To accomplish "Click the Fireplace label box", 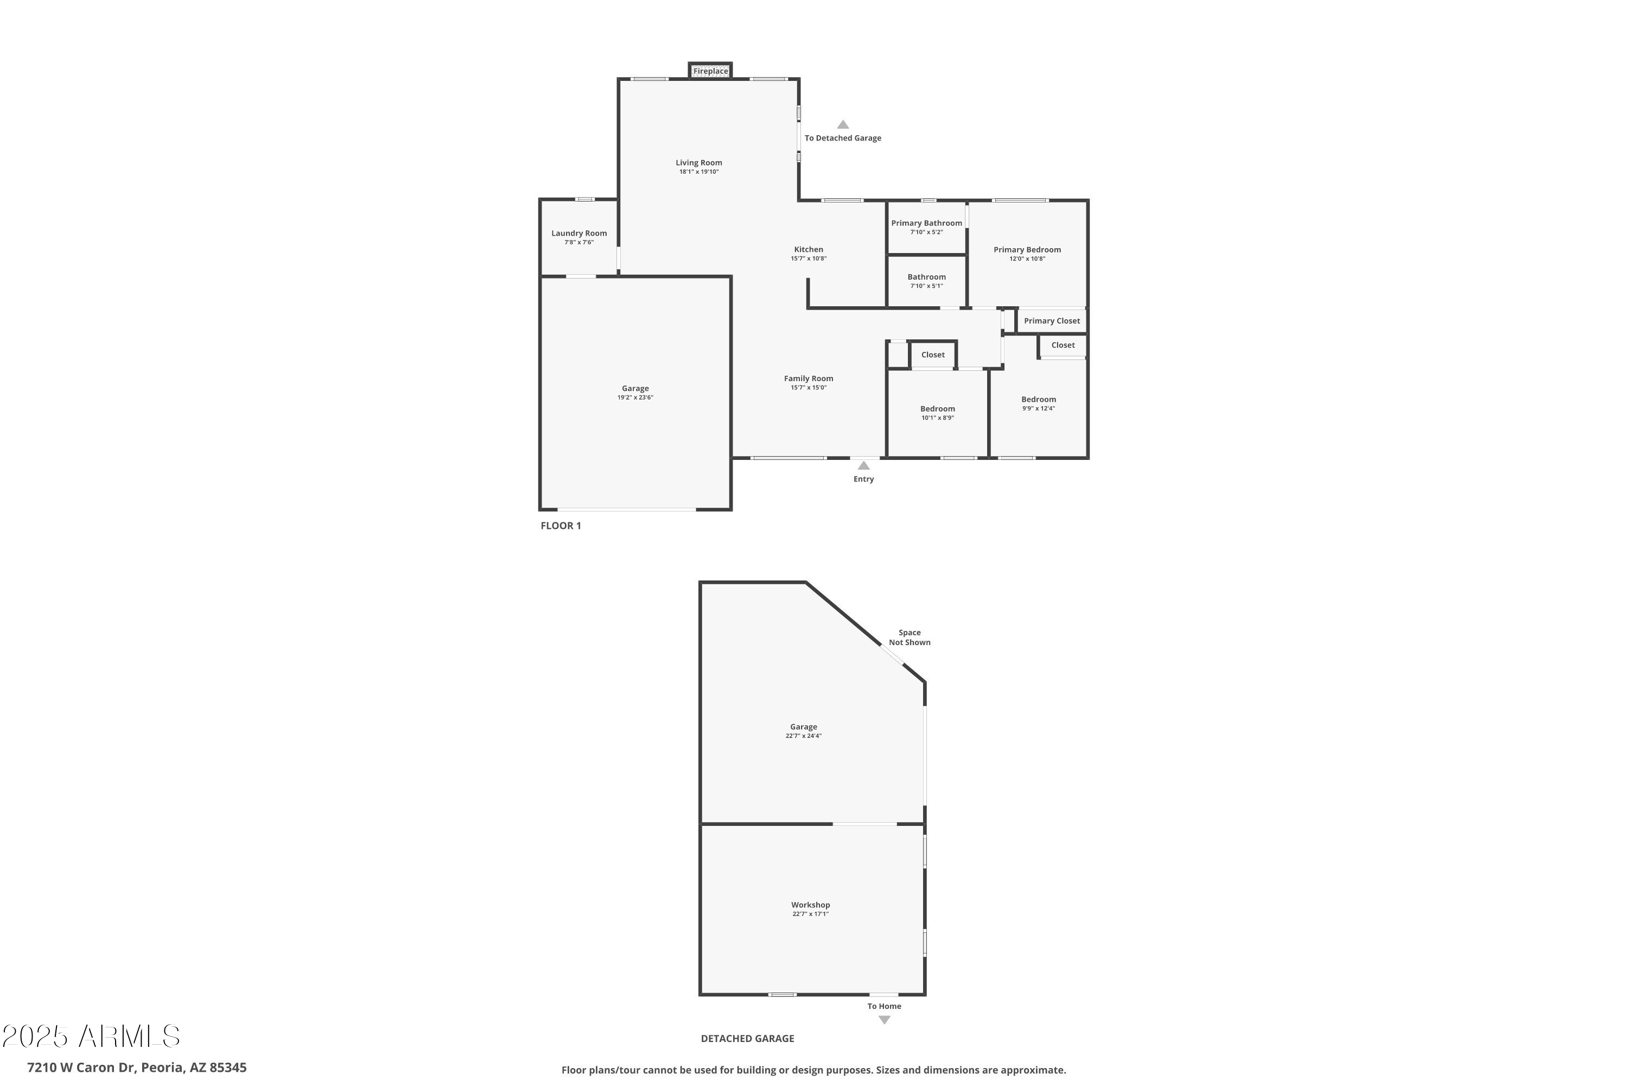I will coord(710,71).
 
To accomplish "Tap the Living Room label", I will coord(698,163).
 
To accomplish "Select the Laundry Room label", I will coord(578,233).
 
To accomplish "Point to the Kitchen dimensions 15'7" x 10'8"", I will coord(809,259).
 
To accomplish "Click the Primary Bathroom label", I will coord(926,223).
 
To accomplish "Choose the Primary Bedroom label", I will coord(1027,250).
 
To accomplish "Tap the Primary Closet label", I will coord(1052,321).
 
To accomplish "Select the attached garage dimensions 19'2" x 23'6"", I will coord(635,397).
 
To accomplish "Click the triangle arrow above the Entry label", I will coord(863,465).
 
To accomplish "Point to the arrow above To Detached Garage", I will coord(842,125).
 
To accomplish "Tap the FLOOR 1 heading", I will coord(561,526).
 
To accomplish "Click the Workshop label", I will coord(810,905).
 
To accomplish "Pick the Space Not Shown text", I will coord(910,637).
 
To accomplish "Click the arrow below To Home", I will coord(884,1020).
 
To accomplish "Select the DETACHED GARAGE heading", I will coord(747,1038).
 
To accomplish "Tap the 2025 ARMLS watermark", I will coord(91,1036).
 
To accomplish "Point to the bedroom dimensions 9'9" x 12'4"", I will coord(1038,409).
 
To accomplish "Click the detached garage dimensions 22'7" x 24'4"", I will coord(803,736).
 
